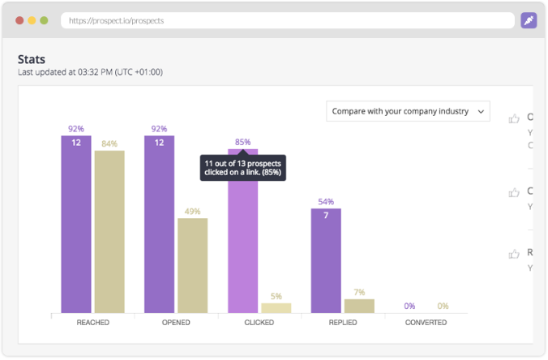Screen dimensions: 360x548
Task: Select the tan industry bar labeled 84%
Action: pyautogui.click(x=109, y=231)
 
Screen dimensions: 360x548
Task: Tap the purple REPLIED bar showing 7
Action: pyautogui.click(x=326, y=260)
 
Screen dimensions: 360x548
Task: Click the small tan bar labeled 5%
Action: pyautogui.click(x=276, y=308)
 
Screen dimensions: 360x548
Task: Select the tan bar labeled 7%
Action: pyautogui.click(x=359, y=306)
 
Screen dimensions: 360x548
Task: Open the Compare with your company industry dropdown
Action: pyautogui.click(x=408, y=111)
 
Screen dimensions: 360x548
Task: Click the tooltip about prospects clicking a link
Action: pyautogui.click(x=243, y=168)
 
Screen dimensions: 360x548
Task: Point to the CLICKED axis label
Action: pyautogui.click(x=259, y=323)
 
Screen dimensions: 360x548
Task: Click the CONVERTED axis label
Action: pyautogui.click(x=426, y=323)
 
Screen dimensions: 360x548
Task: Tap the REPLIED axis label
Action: pyautogui.click(x=342, y=323)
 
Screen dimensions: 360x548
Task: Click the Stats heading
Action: pyautogui.click(x=32, y=59)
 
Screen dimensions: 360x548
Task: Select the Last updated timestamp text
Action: pyautogui.click(x=90, y=72)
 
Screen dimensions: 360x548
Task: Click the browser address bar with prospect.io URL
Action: pyautogui.click(x=287, y=20)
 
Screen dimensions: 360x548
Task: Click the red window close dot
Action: pyautogui.click(x=19, y=20)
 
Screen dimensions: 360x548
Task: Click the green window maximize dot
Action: pyautogui.click(x=44, y=20)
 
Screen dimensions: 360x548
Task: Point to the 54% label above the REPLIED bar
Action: pyautogui.click(x=326, y=202)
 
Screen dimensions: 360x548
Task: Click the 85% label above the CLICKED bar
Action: pyautogui.click(x=242, y=143)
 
